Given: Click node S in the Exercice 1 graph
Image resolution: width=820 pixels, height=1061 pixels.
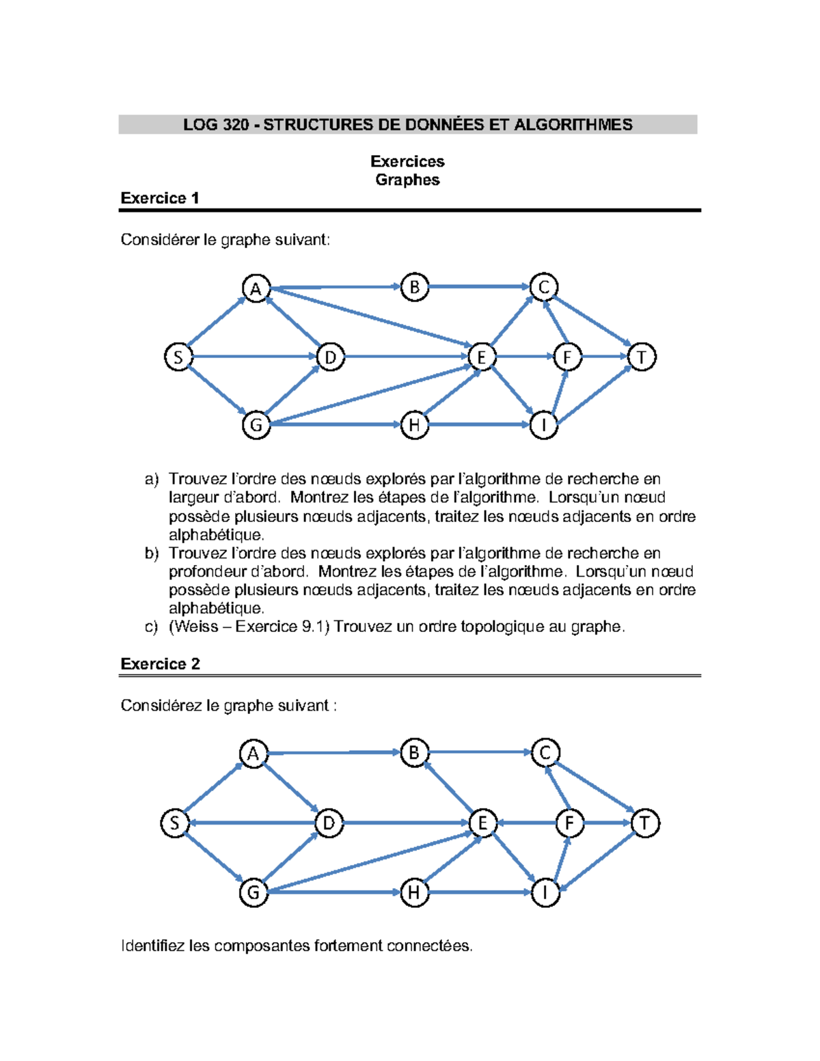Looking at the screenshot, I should pos(178,357).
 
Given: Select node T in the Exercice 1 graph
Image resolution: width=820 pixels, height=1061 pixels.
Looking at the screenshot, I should pos(642,357).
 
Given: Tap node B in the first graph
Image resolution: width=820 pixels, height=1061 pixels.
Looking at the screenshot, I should pos(414,287).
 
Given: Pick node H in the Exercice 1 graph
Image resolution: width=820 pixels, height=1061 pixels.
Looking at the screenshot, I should pos(414,425).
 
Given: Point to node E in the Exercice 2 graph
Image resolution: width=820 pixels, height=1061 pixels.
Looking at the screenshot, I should pos(482,823).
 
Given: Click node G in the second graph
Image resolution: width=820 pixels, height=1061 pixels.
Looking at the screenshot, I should pos(254,892).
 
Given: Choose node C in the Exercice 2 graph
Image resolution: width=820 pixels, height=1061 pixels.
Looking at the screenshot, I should pos(545,753).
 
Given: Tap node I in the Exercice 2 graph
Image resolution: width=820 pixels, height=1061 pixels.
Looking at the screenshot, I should pos(545,892).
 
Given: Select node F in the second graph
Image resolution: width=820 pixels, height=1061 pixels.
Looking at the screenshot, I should pos(569,823).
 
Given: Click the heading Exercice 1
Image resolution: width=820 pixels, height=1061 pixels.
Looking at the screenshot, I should pos(160,198).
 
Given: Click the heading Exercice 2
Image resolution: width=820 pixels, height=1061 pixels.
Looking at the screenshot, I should pos(160,664).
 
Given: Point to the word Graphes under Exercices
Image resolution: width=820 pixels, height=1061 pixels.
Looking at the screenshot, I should pos(407,180).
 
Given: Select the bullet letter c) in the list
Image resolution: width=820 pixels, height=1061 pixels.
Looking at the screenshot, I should pos(151,627).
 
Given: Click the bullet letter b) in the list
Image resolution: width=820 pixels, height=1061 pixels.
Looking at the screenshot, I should pos(151,553).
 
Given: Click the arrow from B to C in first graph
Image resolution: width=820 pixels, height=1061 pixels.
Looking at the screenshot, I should pos(478,287).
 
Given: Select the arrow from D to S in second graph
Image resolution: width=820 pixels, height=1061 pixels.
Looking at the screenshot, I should pos(253,823).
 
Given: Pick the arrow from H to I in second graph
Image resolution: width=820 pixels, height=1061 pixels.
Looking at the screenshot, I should pos(478,892).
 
